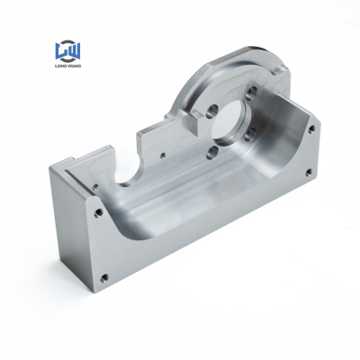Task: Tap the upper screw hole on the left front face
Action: tap(96, 213)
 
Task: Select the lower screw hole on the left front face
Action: tap(103, 275)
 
